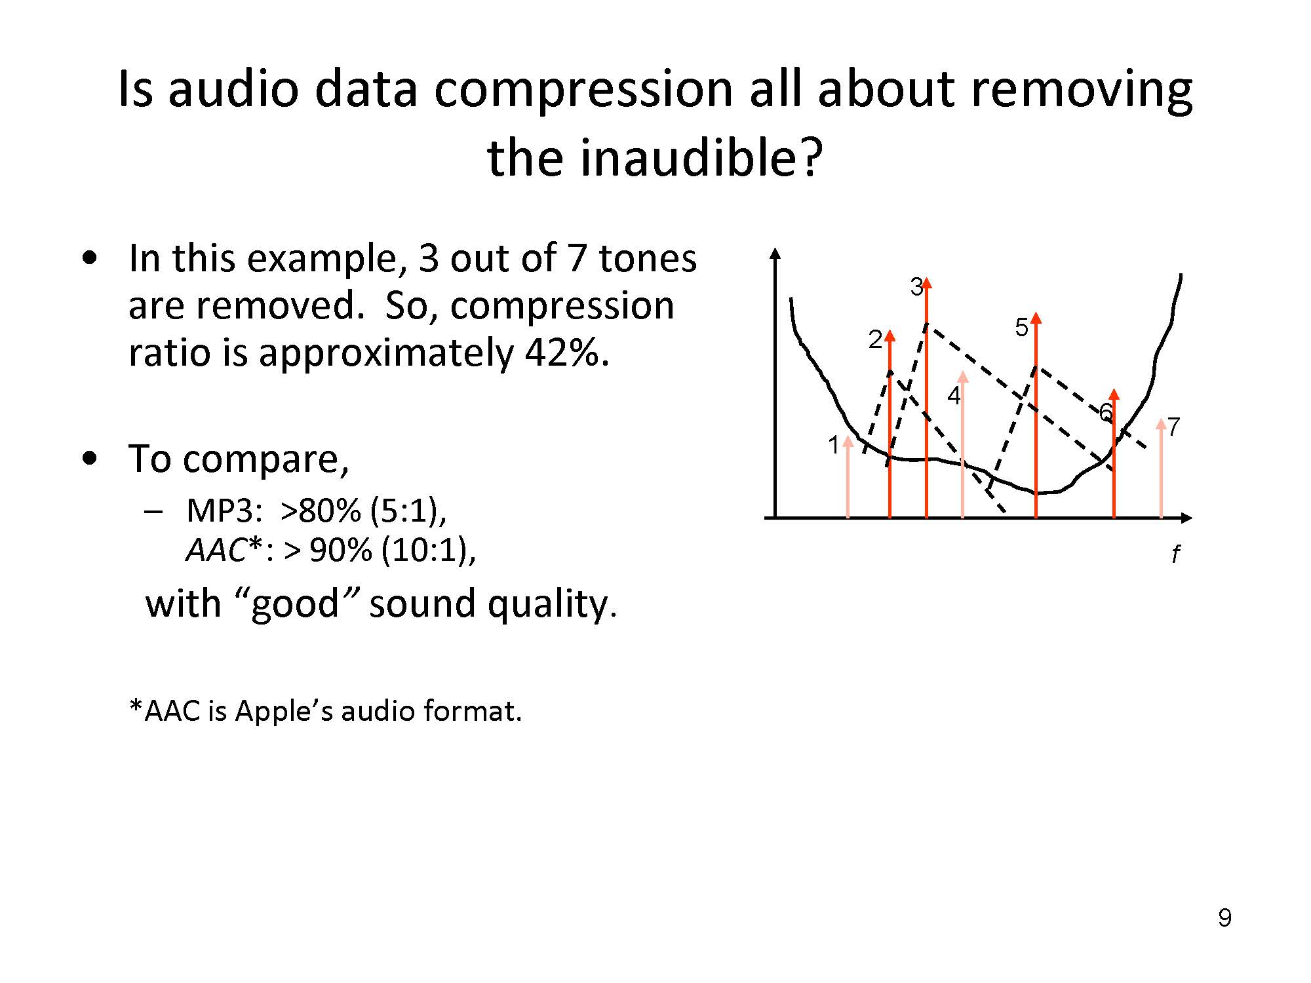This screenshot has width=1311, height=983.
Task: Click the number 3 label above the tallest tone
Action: coord(916,286)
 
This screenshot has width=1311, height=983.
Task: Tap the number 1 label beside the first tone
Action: coord(833,445)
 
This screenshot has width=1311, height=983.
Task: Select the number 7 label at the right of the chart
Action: coord(1173,427)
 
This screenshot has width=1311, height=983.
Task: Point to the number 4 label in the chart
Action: coord(954,396)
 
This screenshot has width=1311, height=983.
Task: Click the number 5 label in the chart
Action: coord(1021,327)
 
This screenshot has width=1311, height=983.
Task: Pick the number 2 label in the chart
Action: coord(875,339)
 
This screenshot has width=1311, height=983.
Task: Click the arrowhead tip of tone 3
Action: coord(926,278)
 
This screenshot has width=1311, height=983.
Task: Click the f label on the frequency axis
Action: coord(1175,554)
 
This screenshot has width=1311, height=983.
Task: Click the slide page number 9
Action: coord(1224,918)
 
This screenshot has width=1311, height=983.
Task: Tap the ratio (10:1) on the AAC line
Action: coord(429,550)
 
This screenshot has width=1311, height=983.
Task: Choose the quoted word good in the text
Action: coord(295,604)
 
